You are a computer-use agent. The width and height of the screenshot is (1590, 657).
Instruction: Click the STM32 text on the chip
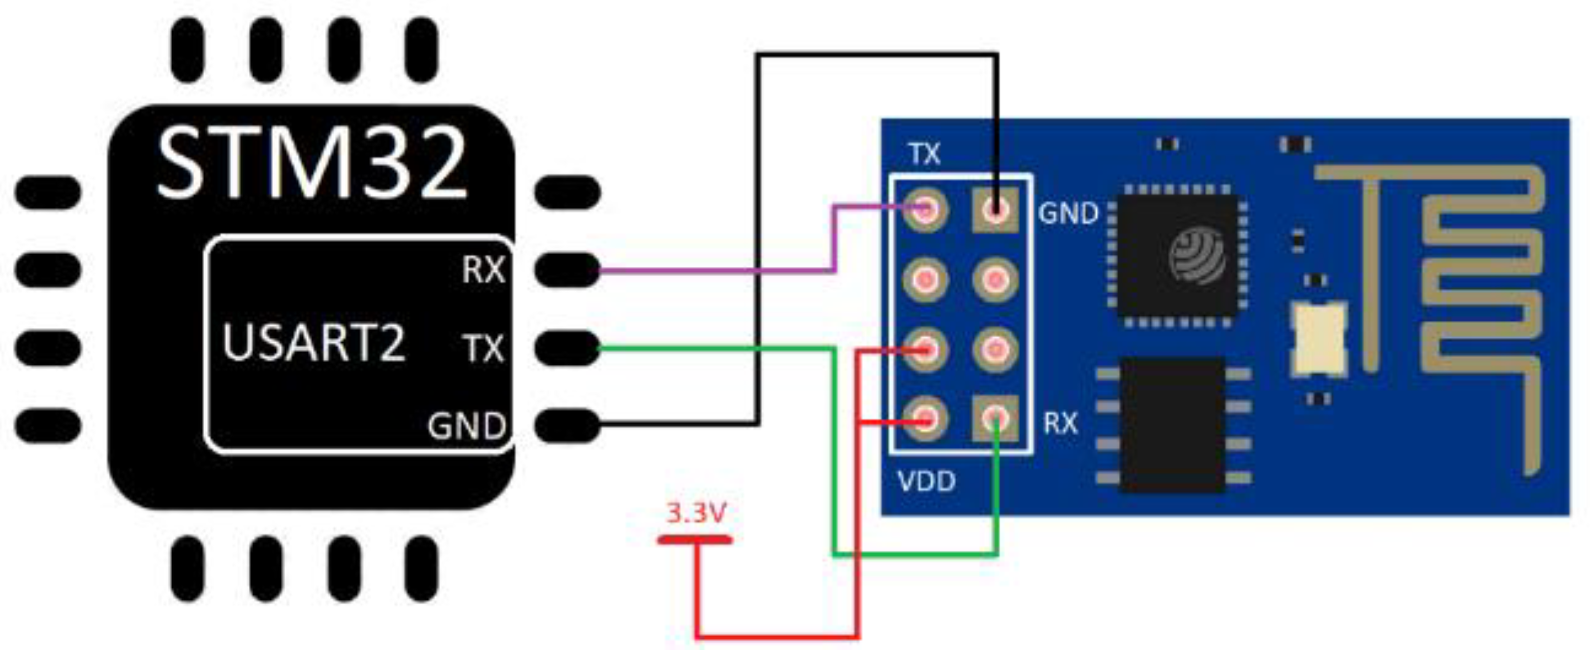point(312,164)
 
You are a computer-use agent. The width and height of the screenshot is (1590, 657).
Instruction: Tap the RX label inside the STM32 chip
point(483,270)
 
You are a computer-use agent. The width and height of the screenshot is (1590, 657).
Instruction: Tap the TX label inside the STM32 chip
point(483,348)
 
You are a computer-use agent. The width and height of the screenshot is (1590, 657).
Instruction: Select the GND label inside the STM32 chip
point(467,426)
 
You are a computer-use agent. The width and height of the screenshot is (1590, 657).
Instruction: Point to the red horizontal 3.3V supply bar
point(695,540)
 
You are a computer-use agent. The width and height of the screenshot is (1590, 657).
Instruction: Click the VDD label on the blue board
point(926,481)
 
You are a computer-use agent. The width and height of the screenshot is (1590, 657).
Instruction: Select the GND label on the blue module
point(1068,213)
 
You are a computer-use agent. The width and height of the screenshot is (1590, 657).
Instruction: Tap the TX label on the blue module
point(925,154)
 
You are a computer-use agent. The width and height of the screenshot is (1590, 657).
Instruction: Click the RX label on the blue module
point(1060,423)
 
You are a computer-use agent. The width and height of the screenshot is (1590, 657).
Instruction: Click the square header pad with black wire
point(995,211)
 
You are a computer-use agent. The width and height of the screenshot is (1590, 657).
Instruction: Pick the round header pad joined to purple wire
point(925,211)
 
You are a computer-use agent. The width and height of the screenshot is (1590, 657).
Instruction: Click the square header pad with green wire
point(995,419)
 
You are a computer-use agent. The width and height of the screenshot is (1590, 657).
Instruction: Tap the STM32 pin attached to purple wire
point(567,270)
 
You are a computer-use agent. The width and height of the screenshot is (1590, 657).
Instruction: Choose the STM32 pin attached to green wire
point(567,348)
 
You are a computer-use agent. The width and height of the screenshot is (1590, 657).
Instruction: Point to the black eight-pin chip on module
point(1173,426)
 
